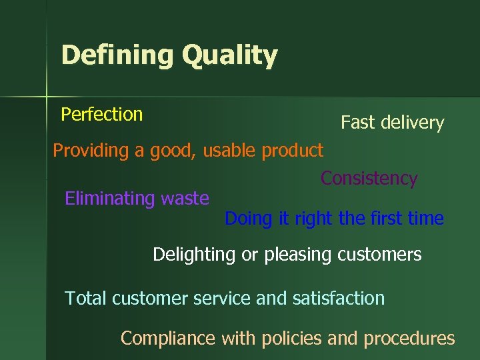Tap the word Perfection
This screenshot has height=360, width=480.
(x=101, y=115)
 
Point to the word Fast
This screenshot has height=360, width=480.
(x=357, y=123)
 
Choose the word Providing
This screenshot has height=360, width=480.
(x=90, y=151)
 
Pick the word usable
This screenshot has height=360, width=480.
(x=230, y=151)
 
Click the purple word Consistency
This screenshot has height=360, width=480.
(x=369, y=179)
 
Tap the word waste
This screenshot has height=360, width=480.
(x=185, y=199)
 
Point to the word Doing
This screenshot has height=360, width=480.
(x=248, y=219)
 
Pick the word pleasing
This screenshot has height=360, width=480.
(x=293, y=255)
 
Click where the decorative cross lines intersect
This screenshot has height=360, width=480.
(x=47, y=97)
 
